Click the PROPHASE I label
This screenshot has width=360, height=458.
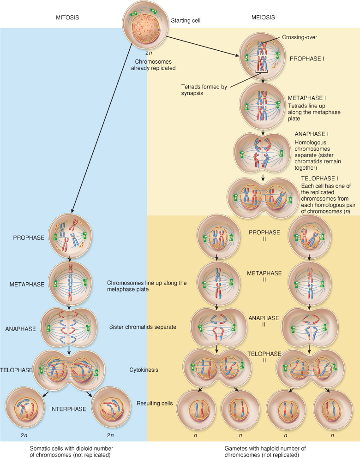[x=306, y=59]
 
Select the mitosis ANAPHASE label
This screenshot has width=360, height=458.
[x=20, y=329]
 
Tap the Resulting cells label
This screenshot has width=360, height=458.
[x=155, y=404]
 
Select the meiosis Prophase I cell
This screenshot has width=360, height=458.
[x=263, y=58]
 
